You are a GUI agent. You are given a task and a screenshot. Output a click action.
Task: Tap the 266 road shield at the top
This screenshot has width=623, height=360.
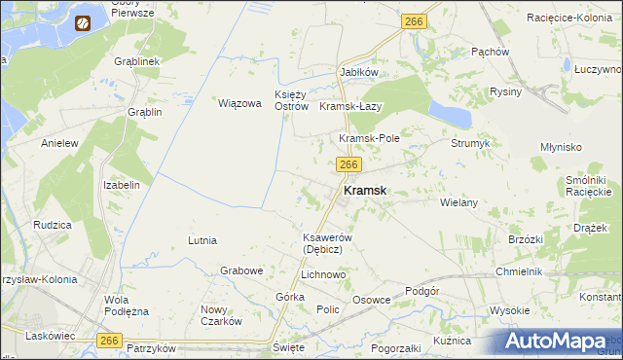(x=415, y=20)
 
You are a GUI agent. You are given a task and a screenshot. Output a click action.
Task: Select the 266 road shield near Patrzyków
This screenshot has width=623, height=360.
(x=110, y=339)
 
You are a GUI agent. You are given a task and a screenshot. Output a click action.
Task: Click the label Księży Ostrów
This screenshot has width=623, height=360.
(x=291, y=99)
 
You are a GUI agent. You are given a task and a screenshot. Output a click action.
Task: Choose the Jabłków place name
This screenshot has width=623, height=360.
(x=358, y=73)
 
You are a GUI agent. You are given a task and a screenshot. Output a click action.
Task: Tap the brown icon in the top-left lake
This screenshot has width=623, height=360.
(x=84, y=20)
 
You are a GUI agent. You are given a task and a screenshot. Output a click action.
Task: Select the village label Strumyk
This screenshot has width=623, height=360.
(x=470, y=143)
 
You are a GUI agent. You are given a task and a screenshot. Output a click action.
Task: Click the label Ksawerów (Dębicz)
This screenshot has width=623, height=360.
(x=319, y=243)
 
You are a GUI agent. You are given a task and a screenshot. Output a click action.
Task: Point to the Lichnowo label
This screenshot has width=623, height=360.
(x=323, y=275)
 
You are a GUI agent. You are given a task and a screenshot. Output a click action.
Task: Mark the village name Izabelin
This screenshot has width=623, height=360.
(x=122, y=185)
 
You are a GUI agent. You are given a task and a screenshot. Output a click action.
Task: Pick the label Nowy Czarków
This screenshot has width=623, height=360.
(x=220, y=315)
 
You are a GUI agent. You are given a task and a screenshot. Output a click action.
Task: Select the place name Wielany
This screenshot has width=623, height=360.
(x=458, y=202)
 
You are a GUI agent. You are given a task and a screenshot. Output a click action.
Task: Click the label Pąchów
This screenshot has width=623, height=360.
(x=490, y=52)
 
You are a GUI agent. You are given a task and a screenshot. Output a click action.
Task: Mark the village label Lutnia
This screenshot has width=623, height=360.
(x=202, y=239)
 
